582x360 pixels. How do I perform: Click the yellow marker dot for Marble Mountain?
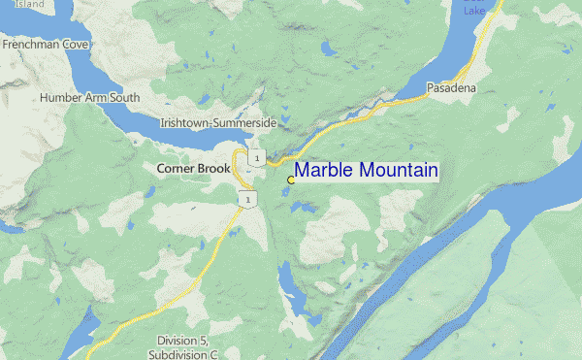click(291, 180)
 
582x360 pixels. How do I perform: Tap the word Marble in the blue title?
click(324, 171)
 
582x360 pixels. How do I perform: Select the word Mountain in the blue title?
click(398, 171)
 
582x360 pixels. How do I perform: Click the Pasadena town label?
click(451, 88)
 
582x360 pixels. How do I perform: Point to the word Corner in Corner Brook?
click(176, 168)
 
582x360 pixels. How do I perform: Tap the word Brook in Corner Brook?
click(214, 168)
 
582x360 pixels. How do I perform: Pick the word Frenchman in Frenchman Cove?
click(32, 45)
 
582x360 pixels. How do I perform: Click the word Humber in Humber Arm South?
click(61, 98)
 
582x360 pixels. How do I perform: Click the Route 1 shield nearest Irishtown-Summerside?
click(255, 156)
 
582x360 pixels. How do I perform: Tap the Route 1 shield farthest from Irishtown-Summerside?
click(248, 199)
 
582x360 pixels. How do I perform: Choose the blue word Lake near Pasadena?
click(473, 11)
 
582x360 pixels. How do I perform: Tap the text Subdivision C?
click(187, 354)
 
